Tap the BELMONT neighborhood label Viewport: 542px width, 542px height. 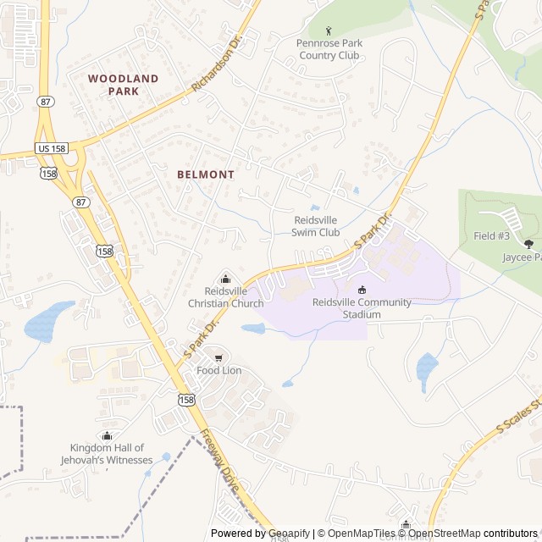click(206, 174)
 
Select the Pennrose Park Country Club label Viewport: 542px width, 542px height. click(329, 49)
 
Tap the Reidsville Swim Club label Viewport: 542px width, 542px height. click(316, 226)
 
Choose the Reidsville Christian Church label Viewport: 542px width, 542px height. click(225, 296)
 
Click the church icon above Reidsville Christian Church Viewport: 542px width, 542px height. click(225, 278)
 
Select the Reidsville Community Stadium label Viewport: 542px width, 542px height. click(362, 308)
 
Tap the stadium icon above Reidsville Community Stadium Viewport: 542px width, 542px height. click(362, 290)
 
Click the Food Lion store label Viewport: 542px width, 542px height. click(219, 370)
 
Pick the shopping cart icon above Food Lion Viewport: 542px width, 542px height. click(219, 357)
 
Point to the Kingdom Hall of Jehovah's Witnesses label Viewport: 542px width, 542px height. click(107, 454)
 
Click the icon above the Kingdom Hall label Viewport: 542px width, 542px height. click(107, 435)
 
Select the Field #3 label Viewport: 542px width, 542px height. click(491, 235)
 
